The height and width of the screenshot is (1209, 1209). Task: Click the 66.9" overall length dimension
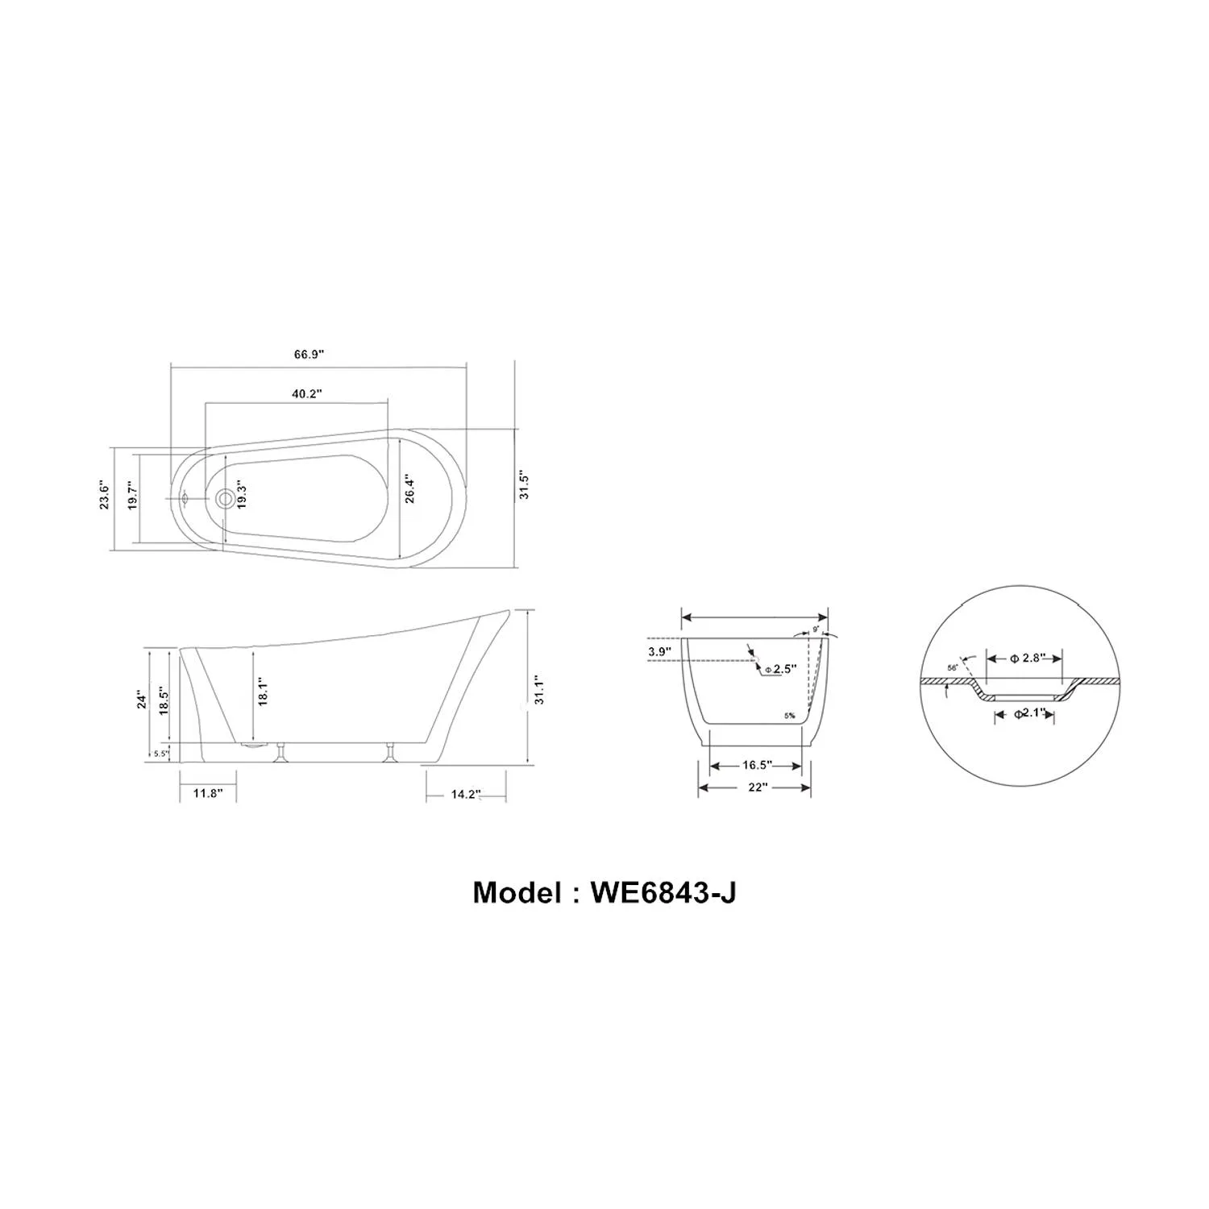coord(309,355)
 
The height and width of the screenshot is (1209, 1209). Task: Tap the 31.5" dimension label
coord(524,484)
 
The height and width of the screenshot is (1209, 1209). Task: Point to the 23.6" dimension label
coord(104,496)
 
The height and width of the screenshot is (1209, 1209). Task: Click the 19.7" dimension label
coord(132,496)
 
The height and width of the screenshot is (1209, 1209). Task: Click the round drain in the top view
coord(226,499)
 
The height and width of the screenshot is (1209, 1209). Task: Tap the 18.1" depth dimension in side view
coord(262,692)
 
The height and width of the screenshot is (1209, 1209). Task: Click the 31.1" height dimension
coord(540,690)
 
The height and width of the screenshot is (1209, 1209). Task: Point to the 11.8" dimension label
coord(207,793)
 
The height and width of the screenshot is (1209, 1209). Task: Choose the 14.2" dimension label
coord(465,794)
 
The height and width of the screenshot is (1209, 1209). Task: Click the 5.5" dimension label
coord(161,754)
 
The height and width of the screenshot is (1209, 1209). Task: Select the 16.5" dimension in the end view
coord(758,765)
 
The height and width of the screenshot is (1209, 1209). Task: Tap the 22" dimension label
coord(756,787)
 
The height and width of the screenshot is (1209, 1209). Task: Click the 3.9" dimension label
coord(659,651)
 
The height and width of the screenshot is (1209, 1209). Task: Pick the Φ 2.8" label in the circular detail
coord(1025,658)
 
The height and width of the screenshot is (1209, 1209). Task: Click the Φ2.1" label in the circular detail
coord(1028,713)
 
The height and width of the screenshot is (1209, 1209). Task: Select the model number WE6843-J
coord(604,893)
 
